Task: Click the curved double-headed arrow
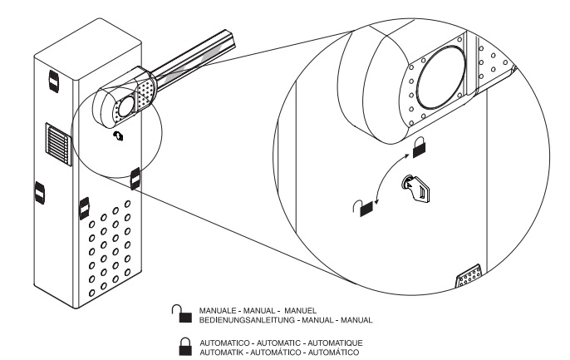click(390, 177)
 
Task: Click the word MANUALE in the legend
click(218, 311)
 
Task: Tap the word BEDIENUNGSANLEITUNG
click(240, 319)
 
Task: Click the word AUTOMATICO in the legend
click(221, 341)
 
